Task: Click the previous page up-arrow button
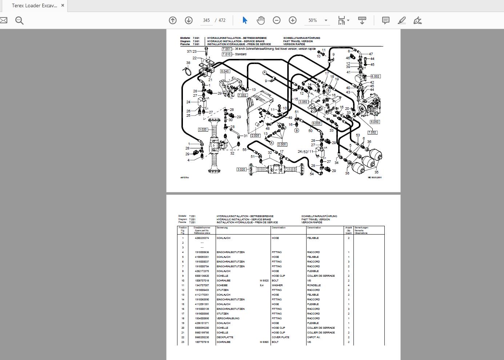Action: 173,20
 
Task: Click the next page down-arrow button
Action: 188,20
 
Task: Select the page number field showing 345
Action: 206,20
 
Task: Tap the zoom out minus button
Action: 277,20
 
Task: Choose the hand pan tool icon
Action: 261,20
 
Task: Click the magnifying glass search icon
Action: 19,20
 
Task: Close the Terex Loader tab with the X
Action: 63,5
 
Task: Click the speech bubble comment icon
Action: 386,20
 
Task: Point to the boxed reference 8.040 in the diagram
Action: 225,71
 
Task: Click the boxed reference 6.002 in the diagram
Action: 375,76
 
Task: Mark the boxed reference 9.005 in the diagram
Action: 317,123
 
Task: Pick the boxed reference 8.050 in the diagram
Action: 375,122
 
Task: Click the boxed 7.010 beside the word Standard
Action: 227,54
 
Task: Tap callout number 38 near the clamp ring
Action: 188,63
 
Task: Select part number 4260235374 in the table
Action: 202,238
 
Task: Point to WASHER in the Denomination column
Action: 277,285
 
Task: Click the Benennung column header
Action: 222,228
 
